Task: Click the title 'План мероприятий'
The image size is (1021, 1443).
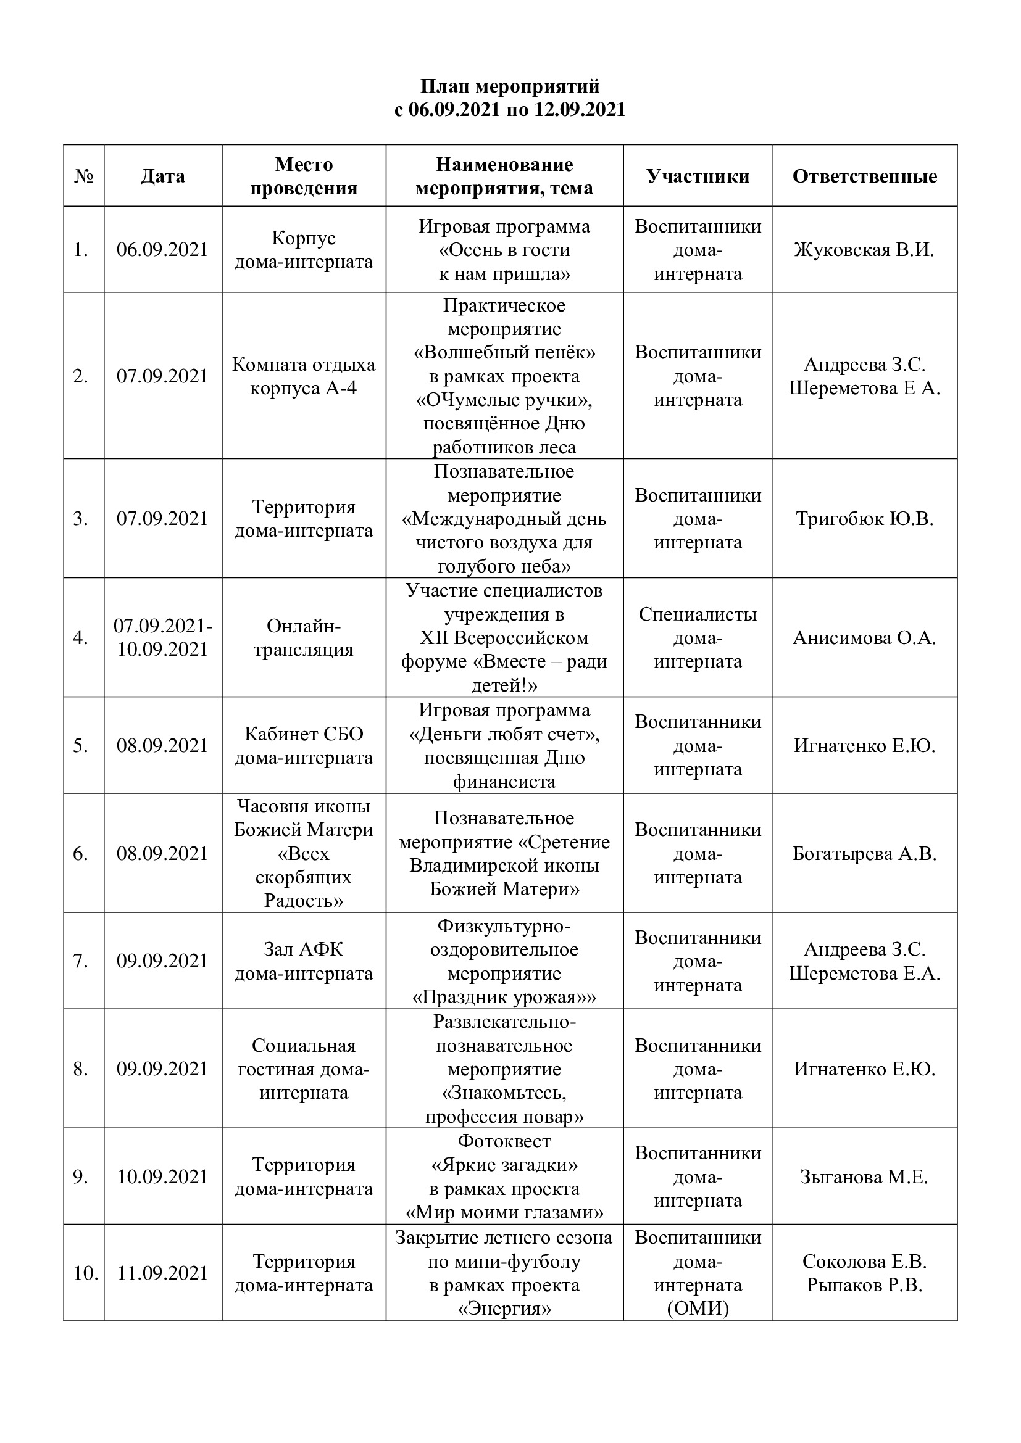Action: [x=510, y=86]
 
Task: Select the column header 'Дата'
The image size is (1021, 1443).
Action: [x=162, y=176]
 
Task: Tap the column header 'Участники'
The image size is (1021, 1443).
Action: [x=698, y=176]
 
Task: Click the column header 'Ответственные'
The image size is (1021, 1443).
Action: [x=864, y=176]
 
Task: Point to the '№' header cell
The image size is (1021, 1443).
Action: [x=83, y=176]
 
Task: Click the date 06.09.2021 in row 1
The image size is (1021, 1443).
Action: [x=162, y=249]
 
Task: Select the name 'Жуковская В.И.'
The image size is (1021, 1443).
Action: [x=864, y=249]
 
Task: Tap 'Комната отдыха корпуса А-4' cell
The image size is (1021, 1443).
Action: [x=304, y=376]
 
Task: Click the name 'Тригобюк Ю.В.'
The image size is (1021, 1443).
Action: [x=864, y=518]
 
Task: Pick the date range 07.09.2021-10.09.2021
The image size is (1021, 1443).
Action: [x=163, y=637]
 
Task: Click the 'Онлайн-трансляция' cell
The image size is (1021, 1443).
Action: [x=304, y=637]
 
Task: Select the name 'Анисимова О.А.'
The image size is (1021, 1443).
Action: [x=864, y=637]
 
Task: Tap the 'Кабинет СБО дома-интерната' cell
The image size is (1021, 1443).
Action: [x=304, y=745]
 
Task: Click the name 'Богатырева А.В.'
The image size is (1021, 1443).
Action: [x=864, y=853]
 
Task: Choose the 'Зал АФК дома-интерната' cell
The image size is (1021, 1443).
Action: [x=304, y=961]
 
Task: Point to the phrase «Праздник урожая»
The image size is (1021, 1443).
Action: [x=504, y=998]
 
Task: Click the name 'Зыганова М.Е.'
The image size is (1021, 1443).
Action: [x=864, y=1176]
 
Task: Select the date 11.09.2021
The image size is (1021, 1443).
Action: [x=162, y=1273]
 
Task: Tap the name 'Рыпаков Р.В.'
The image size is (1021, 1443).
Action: [x=864, y=1285]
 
